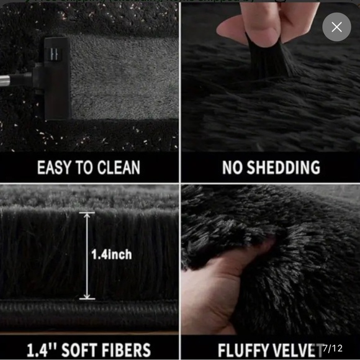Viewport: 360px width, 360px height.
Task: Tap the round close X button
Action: [336, 27]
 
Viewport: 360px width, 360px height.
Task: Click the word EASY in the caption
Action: [55, 168]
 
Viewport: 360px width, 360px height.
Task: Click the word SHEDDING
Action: [282, 168]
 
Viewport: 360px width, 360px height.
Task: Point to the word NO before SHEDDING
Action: [232, 168]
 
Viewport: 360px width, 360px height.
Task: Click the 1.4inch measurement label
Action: [111, 254]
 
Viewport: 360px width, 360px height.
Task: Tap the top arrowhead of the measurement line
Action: [87, 215]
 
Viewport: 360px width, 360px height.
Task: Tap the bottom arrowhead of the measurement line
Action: [87, 296]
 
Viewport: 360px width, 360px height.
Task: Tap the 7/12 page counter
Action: [333, 348]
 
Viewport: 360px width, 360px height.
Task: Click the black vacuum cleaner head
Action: [56, 77]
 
